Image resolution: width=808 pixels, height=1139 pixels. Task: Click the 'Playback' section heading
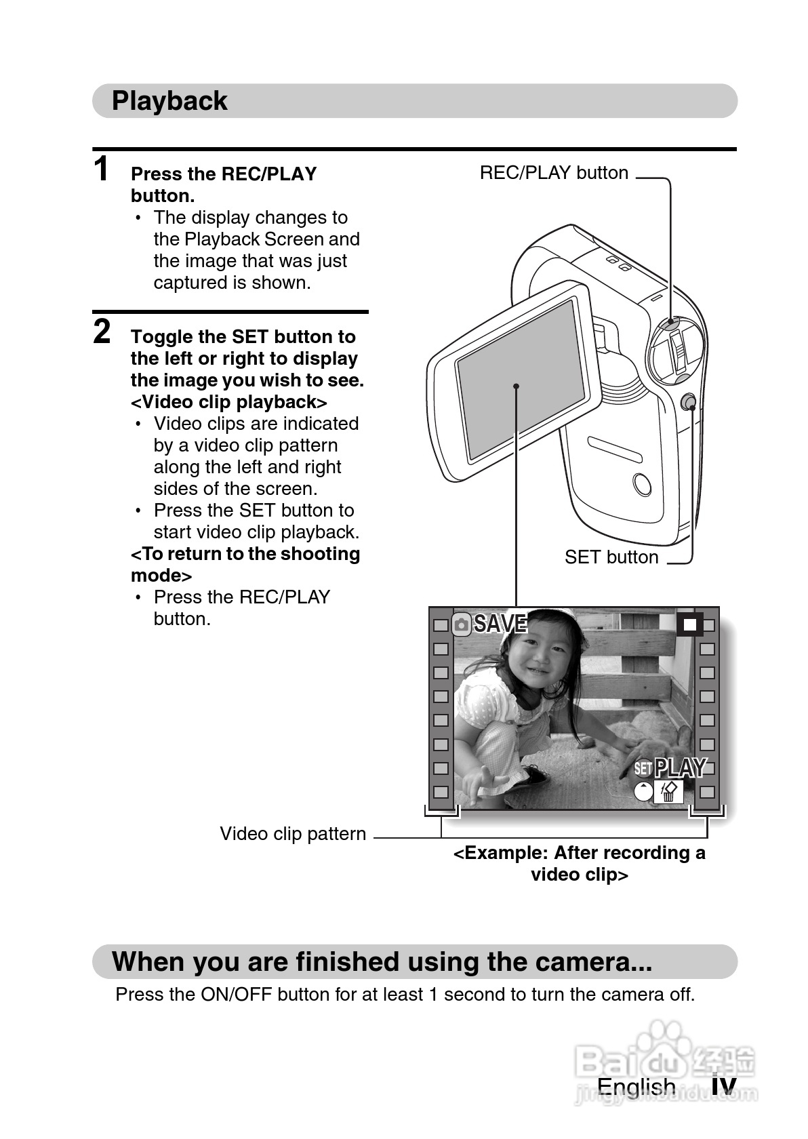pyautogui.click(x=169, y=100)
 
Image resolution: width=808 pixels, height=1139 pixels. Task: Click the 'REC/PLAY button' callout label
pyautogui.click(x=554, y=173)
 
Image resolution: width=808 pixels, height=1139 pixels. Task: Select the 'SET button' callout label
pyautogui.click(x=611, y=557)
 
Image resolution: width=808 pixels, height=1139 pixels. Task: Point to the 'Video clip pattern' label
pyautogui.click(x=293, y=834)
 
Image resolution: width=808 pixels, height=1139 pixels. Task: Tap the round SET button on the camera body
pyautogui.click(x=688, y=402)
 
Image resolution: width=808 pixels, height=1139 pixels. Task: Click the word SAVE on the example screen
pyautogui.click(x=500, y=624)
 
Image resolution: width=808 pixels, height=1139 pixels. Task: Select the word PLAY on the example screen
pyautogui.click(x=680, y=767)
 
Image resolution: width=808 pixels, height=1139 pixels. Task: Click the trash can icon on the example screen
pyautogui.click(x=668, y=792)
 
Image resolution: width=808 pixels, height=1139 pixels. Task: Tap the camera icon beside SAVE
pyautogui.click(x=461, y=624)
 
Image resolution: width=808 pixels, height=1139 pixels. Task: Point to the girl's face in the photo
pyautogui.click(x=533, y=653)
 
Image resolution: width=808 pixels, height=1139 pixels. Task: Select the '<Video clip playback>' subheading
pyautogui.click(x=229, y=402)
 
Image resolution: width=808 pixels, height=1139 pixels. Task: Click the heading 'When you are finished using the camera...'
pyautogui.click(x=382, y=961)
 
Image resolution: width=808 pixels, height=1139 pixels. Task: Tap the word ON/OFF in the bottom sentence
pyautogui.click(x=236, y=994)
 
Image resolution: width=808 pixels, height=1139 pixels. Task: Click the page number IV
pyautogui.click(x=723, y=1085)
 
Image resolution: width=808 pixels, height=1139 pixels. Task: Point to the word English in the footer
pyautogui.click(x=636, y=1087)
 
